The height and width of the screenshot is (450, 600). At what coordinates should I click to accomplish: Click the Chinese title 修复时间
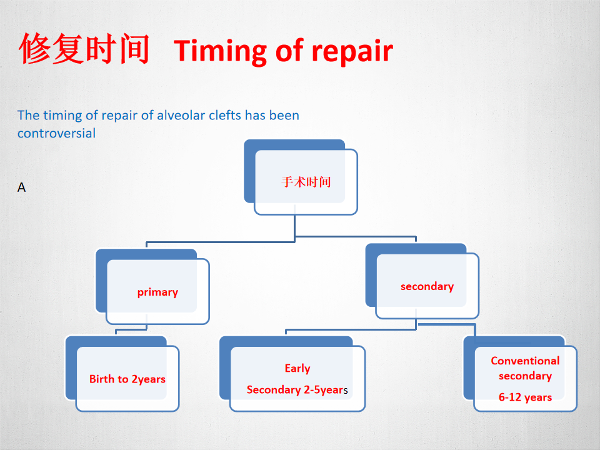click(x=84, y=49)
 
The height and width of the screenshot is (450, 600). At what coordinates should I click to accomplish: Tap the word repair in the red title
click(x=352, y=52)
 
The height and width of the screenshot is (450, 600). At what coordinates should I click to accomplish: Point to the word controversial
click(x=57, y=133)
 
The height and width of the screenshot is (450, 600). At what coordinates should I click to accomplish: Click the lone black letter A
click(x=21, y=187)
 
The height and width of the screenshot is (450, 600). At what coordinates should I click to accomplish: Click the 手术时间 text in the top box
click(x=306, y=182)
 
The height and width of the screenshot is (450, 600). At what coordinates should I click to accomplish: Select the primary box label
click(x=157, y=292)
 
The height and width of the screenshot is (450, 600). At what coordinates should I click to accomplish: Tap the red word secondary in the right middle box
click(x=427, y=287)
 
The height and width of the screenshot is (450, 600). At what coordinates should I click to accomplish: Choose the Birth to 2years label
click(x=127, y=379)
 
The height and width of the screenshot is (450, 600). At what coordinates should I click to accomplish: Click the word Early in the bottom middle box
click(x=297, y=369)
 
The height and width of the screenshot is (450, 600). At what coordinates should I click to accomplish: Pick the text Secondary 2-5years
click(x=297, y=390)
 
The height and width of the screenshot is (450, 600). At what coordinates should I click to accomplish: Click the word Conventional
click(x=525, y=361)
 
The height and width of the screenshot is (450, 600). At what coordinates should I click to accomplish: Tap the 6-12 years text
click(x=525, y=397)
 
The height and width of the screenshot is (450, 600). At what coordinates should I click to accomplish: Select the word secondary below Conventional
click(x=525, y=376)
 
